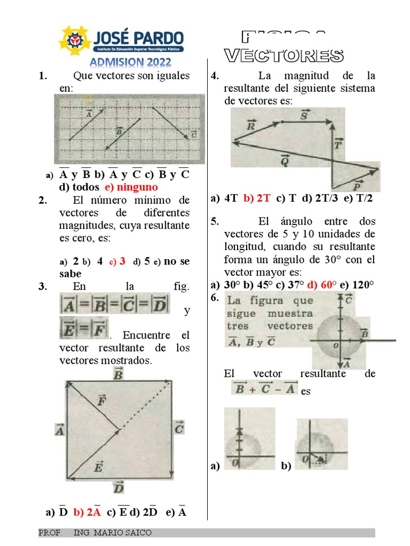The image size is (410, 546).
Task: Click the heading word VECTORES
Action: (283, 55)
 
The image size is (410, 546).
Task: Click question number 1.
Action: (43, 76)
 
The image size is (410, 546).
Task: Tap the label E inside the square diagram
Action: (98, 468)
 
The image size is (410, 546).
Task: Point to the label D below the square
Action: (119, 487)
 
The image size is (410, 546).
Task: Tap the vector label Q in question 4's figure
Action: (285, 160)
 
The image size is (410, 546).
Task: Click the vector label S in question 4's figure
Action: (304, 115)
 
